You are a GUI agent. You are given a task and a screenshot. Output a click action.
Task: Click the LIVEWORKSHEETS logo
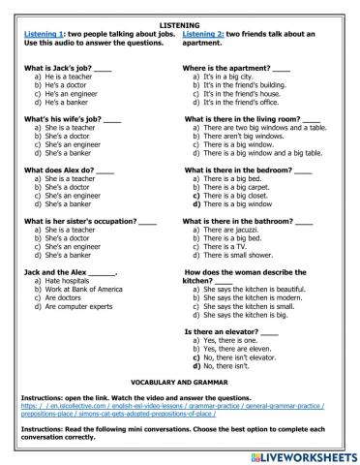pos(303,453)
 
